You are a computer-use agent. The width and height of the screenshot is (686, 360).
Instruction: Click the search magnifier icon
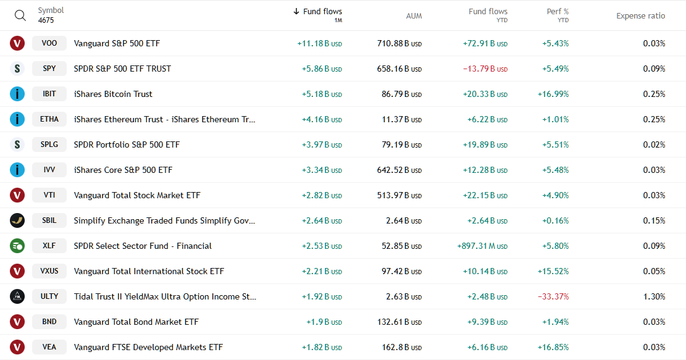(x=20, y=15)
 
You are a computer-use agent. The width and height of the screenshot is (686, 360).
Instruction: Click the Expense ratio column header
(x=640, y=15)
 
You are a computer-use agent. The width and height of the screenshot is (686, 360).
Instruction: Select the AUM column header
(x=414, y=15)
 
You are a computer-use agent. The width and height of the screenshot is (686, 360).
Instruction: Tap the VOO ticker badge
(x=49, y=43)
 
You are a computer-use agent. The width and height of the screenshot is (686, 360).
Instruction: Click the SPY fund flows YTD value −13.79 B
(x=485, y=69)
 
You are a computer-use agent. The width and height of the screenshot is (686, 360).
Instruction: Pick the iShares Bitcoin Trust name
(x=113, y=94)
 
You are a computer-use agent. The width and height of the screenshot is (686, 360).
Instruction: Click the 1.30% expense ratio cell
(x=654, y=296)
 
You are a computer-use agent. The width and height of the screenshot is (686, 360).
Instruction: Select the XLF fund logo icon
(x=17, y=246)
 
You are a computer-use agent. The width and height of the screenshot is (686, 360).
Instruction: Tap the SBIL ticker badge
(x=49, y=220)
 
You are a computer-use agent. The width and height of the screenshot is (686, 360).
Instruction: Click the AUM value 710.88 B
(x=399, y=43)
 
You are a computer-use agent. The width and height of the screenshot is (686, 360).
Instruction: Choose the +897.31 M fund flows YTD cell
(x=482, y=246)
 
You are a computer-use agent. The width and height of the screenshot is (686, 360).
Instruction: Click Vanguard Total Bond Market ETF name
(x=136, y=322)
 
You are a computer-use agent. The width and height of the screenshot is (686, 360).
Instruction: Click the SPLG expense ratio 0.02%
(x=654, y=144)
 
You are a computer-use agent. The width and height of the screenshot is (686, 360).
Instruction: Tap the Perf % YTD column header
(x=557, y=15)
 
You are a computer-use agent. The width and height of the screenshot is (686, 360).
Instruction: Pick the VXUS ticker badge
(x=49, y=271)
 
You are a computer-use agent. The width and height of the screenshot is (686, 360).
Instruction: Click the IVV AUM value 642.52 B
(x=399, y=170)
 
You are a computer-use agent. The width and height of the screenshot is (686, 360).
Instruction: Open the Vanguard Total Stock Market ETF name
(x=137, y=195)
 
